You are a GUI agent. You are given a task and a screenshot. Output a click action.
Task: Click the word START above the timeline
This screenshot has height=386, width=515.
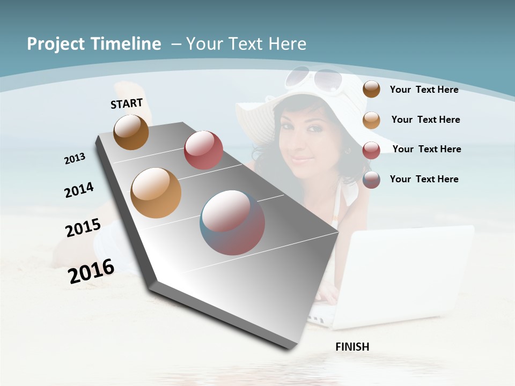coord(127,103)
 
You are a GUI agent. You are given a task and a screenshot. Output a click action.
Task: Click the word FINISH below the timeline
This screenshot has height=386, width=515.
coord(352,347)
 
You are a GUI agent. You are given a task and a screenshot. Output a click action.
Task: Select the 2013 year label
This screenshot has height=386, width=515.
coord(75,158)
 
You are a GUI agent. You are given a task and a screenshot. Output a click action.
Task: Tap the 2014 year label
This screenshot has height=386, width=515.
coord(79,190)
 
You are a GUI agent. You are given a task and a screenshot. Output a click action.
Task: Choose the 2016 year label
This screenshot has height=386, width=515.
coord(91,271)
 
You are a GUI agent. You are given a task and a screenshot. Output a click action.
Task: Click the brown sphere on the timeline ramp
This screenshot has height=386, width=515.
coord(131,132)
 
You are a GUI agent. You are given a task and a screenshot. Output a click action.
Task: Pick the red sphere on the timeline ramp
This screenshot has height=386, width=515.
coord(203,150)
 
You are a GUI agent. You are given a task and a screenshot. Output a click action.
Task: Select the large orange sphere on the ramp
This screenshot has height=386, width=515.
coord(156,193)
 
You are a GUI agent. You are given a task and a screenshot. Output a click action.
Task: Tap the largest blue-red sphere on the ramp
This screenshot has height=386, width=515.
coord(232,222)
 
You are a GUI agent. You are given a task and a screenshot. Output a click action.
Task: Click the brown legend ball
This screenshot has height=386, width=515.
coord(371,90)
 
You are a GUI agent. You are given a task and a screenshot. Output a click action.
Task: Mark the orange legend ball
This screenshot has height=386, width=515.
coord(371,120)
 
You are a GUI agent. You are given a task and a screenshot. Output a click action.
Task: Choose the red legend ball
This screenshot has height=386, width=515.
coord(371,150)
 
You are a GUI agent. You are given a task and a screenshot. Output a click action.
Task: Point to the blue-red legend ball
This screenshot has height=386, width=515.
coord(371,180)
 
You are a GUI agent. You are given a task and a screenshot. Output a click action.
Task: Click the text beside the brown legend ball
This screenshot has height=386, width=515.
coord(424,90)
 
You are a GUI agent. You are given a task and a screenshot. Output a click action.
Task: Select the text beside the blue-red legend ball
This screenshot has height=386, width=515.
coord(424,179)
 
